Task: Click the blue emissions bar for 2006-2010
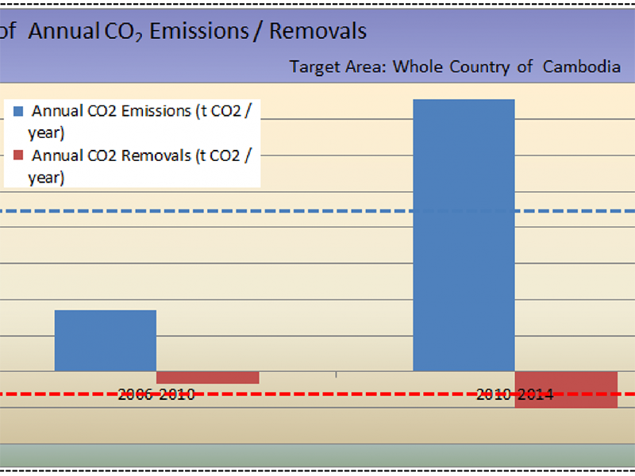pyautogui.click(x=105, y=340)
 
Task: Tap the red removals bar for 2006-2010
pyautogui.click(x=208, y=378)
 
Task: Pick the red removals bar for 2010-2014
pyautogui.click(x=567, y=389)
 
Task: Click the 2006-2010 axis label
pyautogui.click(x=156, y=394)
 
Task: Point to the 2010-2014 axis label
pyautogui.click(x=514, y=394)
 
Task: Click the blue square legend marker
pyautogui.click(x=18, y=112)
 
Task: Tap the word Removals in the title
pyautogui.click(x=318, y=31)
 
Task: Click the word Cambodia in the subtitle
pyautogui.click(x=581, y=67)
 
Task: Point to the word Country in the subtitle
pyautogui.click(x=480, y=67)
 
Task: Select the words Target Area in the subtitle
pyautogui.click(x=338, y=67)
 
